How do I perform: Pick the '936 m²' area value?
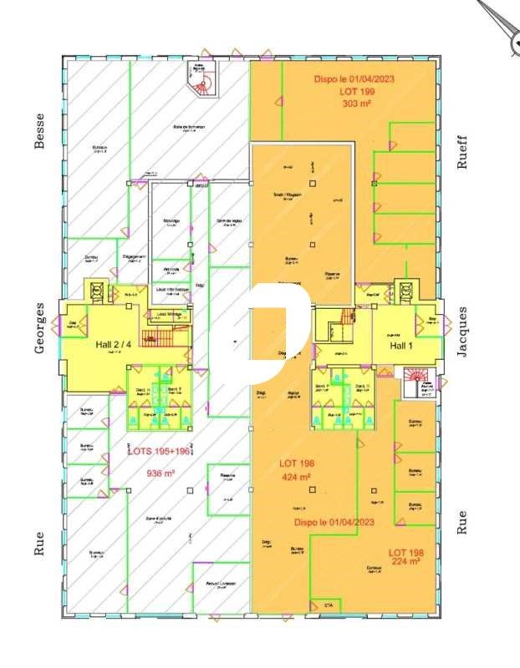[160, 473]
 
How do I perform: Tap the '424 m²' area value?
[295, 478]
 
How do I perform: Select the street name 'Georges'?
[38, 328]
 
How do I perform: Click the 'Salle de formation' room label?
[190, 128]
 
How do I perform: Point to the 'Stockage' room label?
[171, 221]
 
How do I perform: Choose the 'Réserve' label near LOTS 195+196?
[227, 477]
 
